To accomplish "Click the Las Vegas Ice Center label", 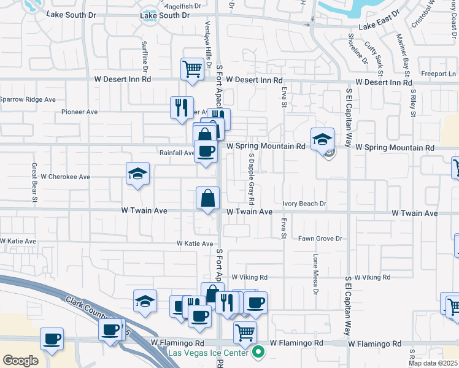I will tap(209, 353).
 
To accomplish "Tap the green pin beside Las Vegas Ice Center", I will tap(258, 352).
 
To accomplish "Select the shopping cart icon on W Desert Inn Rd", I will tap(192, 69).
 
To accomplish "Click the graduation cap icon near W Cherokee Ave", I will tap(138, 174).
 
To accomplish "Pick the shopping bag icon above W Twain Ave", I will tap(207, 198).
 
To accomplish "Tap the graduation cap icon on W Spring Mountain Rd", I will tap(322, 139).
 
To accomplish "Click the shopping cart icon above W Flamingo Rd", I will tap(245, 332).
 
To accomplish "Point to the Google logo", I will tap(20, 361).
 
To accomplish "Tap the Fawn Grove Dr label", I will tap(320, 239).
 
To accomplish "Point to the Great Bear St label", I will tap(35, 182).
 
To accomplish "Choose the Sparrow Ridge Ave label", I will tap(28, 99).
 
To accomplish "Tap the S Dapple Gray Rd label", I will tap(252, 178).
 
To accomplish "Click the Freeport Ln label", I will tap(438, 74).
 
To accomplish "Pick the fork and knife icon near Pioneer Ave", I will tap(182, 107).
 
